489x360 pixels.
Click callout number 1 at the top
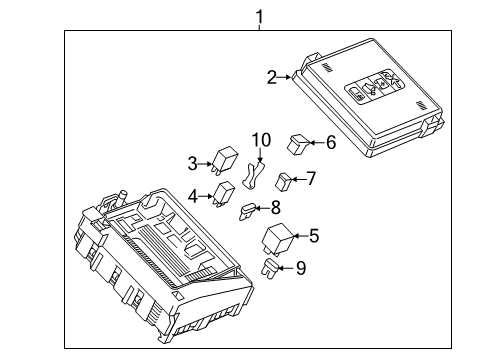click(x=260, y=16)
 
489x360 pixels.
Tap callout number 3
click(x=193, y=162)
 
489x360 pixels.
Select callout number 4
click(x=193, y=195)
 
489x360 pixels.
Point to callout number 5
click(x=313, y=236)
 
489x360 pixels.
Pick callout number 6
click(x=331, y=142)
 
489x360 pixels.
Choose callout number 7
click(x=311, y=179)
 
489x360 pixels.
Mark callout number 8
click(x=276, y=208)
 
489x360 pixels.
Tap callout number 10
click(x=261, y=140)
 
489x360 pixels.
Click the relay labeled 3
click(x=225, y=161)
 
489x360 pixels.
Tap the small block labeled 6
click(x=298, y=142)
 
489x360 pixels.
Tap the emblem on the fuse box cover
click(x=372, y=90)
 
